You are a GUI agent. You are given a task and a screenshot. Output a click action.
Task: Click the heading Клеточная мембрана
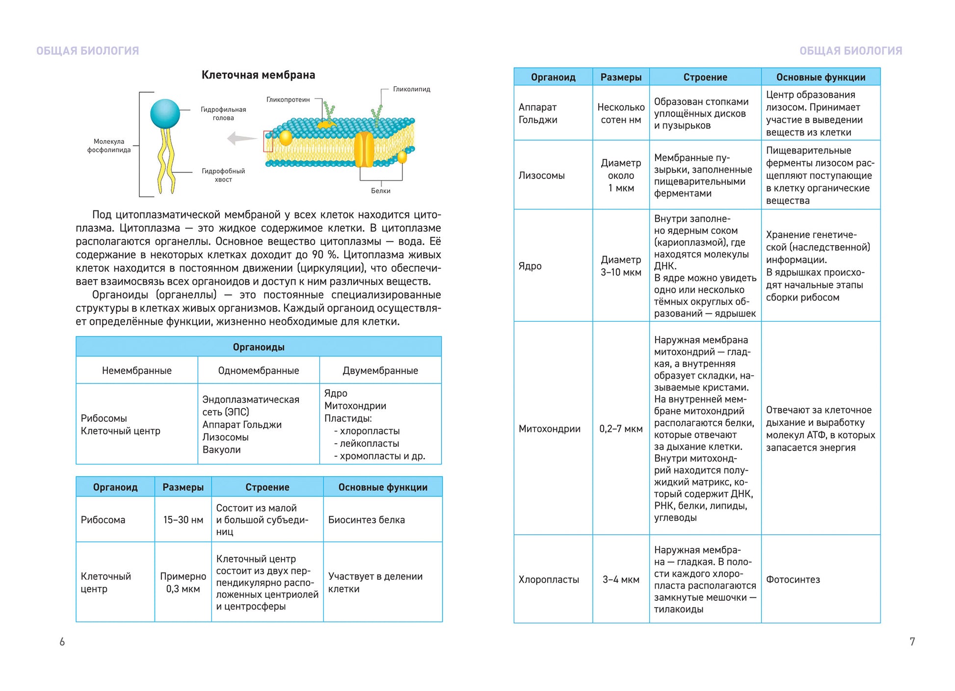(258, 75)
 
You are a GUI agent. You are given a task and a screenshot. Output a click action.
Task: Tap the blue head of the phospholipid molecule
(165, 114)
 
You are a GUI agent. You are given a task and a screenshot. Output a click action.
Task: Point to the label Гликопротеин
(288, 100)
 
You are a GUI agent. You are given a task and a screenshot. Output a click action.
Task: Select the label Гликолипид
(411, 89)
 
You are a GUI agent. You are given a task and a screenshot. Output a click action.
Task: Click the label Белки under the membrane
(380, 191)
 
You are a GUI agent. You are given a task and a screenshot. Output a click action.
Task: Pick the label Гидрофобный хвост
(223, 175)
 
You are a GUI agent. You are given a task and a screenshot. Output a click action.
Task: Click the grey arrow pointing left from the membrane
(241, 138)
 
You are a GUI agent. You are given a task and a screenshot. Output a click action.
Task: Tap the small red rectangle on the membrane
(268, 141)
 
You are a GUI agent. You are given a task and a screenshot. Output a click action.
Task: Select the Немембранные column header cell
(136, 371)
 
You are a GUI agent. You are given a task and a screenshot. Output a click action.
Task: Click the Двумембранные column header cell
(380, 371)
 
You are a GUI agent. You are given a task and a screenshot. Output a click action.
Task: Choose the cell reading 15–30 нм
(183, 520)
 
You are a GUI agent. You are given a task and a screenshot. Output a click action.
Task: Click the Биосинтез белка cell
(367, 520)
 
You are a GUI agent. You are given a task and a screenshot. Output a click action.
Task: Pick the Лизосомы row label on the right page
(541, 176)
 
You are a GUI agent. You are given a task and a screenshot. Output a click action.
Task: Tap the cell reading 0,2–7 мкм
(621, 429)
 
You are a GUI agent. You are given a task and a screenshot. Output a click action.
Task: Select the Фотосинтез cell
(793, 580)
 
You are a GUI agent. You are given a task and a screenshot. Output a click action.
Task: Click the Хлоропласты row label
(549, 580)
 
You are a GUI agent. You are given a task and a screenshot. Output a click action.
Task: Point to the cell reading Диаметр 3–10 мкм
(621, 266)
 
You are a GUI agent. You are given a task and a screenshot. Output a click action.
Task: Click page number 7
(912, 641)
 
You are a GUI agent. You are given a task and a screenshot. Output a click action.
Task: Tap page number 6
(62, 641)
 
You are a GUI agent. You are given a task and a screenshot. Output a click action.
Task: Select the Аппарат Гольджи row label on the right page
(538, 113)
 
